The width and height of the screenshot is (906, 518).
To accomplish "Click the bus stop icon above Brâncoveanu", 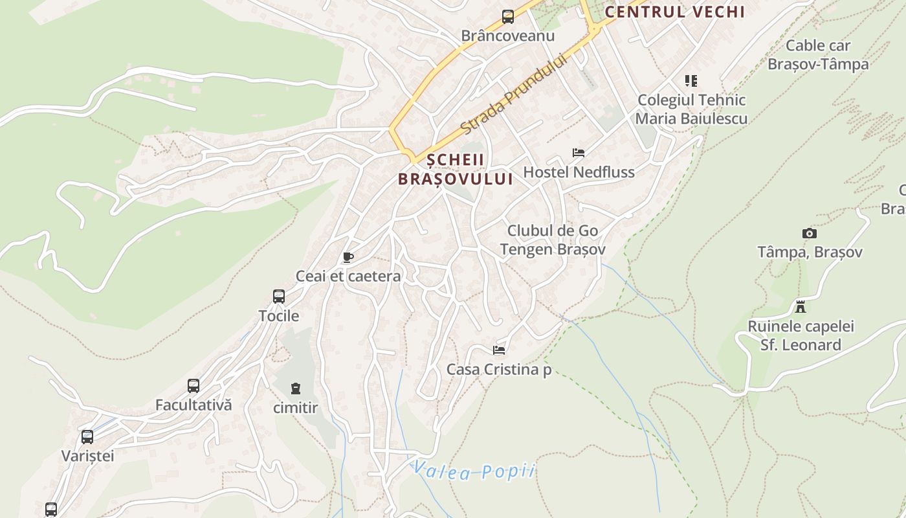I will [508, 17].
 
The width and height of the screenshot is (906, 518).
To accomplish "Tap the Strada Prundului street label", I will [514, 95].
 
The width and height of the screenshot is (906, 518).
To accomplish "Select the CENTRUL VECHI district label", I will [675, 12].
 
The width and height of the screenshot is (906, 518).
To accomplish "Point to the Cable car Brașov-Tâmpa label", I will [818, 55].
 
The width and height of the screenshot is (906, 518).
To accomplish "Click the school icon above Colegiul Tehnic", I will [691, 81].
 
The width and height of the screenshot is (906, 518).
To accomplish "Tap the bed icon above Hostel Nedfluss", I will [579, 153].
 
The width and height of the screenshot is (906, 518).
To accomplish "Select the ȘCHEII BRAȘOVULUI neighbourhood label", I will [456, 169].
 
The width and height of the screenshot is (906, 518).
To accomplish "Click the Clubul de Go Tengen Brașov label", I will [553, 240].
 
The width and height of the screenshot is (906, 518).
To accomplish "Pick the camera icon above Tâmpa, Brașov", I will [809, 233].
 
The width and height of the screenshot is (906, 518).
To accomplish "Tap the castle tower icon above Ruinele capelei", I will [801, 306].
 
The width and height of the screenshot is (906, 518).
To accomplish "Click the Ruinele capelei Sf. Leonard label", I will [801, 335].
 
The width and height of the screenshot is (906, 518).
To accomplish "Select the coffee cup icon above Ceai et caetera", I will [348, 257].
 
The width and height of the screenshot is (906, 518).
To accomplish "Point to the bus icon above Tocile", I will [279, 297].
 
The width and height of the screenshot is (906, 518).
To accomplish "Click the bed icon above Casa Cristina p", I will [499, 350].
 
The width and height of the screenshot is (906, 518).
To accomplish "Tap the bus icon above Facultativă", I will [193, 386].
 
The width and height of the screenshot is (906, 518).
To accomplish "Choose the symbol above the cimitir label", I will [296, 388].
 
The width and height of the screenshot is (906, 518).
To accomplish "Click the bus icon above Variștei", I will [87, 436].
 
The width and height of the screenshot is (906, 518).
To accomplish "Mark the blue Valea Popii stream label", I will [474, 471].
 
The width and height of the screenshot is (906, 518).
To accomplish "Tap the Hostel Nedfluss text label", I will [579, 172].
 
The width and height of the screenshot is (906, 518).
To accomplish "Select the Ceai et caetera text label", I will [348, 276].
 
